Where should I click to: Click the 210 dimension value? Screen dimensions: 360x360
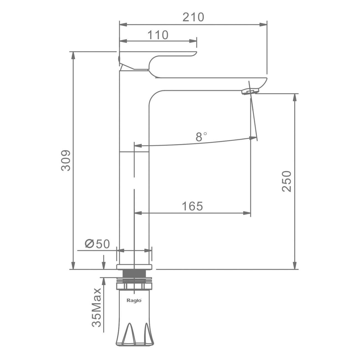click(193, 17)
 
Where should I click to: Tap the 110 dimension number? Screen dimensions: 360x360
click(158, 35)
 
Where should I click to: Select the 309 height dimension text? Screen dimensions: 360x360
click(66, 160)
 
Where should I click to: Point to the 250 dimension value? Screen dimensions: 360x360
click(286, 181)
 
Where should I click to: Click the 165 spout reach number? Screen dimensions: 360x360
click(192, 206)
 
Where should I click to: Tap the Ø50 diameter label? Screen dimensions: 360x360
click(97, 244)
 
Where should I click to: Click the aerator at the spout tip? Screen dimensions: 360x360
click(250, 92)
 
